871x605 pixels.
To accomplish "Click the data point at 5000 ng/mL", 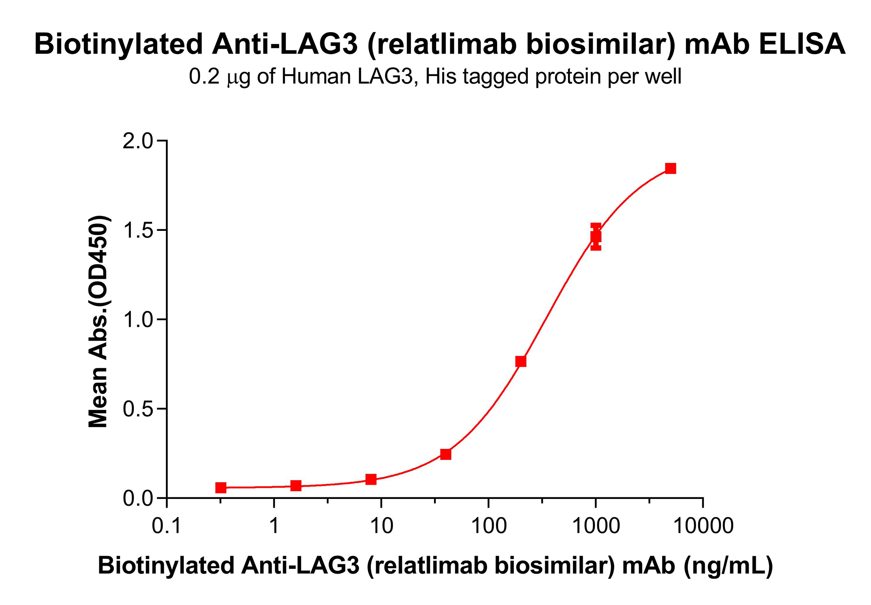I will click(670, 168).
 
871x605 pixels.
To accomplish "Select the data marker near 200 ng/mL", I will click(521, 361).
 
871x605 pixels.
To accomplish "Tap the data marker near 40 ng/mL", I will click(446, 454).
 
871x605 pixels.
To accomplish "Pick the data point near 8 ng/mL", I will click(371, 479).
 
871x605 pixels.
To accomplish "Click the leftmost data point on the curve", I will click(221, 487).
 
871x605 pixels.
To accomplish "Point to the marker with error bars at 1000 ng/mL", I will click(596, 237).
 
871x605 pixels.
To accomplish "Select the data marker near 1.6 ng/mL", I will click(296, 485).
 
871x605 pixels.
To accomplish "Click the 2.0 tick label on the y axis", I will click(137, 141).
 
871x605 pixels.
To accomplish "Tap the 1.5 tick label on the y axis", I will click(137, 230).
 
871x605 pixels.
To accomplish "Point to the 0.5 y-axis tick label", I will click(137, 409).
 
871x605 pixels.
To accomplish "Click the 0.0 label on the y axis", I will click(137, 498).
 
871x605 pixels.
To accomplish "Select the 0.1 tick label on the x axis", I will click(166, 526).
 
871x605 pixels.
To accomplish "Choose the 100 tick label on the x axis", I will click(489, 526).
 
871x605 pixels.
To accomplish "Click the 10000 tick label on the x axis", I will click(703, 526).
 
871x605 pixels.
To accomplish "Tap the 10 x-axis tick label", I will click(381, 526).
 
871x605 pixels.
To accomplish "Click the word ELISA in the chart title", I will click(802, 44).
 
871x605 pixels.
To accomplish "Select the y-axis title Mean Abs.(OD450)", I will click(98, 322).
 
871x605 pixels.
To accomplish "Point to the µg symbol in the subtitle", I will click(238, 77).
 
